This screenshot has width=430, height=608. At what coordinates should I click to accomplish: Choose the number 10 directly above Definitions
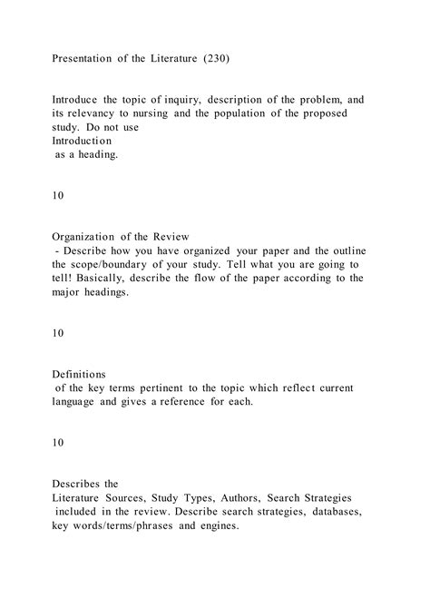pos(58,334)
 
